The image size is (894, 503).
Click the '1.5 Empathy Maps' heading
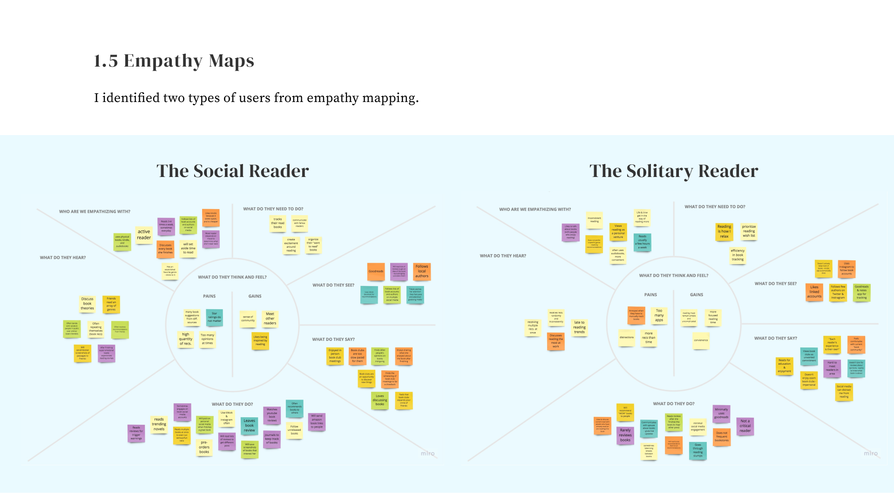(x=174, y=61)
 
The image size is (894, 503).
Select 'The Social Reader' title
(x=232, y=171)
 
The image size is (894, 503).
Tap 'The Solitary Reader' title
(x=673, y=171)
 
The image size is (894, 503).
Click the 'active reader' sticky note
(x=144, y=235)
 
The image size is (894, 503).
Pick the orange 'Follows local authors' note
(x=422, y=271)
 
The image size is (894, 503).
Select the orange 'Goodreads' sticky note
(x=376, y=272)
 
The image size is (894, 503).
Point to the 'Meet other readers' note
(x=270, y=319)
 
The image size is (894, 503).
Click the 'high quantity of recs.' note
(x=186, y=339)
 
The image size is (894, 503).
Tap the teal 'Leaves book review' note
(x=250, y=426)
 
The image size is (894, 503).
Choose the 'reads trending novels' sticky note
(x=159, y=424)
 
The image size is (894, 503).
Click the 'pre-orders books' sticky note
(x=204, y=448)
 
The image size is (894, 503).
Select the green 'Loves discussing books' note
(x=380, y=400)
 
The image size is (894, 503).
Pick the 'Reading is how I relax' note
(x=724, y=231)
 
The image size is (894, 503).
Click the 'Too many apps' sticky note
(x=659, y=315)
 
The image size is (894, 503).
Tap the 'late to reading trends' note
(x=579, y=327)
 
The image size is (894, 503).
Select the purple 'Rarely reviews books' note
(x=625, y=435)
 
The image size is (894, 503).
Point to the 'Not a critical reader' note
(x=745, y=426)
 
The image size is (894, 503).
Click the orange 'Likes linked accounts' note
(x=814, y=292)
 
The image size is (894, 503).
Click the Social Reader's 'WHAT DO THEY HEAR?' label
(x=63, y=258)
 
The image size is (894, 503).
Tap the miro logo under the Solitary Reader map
(x=870, y=453)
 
